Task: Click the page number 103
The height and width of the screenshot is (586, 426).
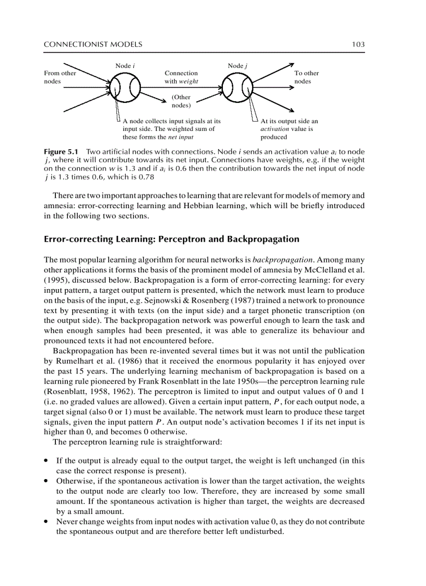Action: (358, 45)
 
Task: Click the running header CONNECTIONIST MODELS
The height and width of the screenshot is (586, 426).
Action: (93, 45)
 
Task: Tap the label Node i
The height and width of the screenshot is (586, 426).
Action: (125, 66)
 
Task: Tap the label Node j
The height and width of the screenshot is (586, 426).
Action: (238, 66)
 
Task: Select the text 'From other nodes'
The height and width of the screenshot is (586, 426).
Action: (60, 77)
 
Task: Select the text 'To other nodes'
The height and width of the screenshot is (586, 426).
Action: (306, 77)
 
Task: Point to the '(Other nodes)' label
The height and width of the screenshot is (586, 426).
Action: (181, 101)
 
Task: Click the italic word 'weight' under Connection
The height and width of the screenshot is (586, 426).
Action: (188, 81)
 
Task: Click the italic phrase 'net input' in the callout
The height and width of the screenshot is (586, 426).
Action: (182, 137)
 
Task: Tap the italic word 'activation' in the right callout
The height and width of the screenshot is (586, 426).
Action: (275, 129)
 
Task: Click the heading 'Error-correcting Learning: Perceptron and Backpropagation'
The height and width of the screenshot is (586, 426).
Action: (172, 239)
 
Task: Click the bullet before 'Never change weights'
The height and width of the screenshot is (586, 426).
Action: (47, 521)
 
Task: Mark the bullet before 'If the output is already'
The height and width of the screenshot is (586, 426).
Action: (47, 461)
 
